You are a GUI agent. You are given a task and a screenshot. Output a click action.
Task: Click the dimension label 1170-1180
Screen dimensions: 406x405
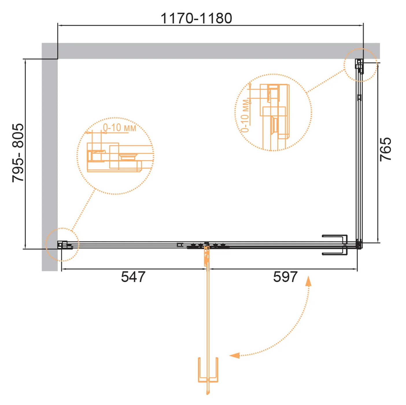pyautogui.click(x=196, y=18)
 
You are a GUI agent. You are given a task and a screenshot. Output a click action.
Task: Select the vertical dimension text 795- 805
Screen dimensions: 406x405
pyautogui.click(x=18, y=153)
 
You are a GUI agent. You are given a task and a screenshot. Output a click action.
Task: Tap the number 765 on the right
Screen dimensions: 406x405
pyautogui.click(x=385, y=149)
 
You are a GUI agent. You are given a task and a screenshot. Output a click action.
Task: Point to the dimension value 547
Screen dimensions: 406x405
pyautogui.click(x=133, y=277)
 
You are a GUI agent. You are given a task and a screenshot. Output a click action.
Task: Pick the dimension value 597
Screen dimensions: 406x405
pyautogui.click(x=285, y=277)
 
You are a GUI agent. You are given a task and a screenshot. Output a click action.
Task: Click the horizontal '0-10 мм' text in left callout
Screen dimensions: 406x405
pyautogui.click(x=119, y=128)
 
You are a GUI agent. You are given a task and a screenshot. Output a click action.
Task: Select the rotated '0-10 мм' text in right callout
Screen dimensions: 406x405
pyautogui.click(x=245, y=116)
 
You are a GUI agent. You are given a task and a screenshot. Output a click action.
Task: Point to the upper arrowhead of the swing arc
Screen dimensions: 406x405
pyautogui.click(x=309, y=281)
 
